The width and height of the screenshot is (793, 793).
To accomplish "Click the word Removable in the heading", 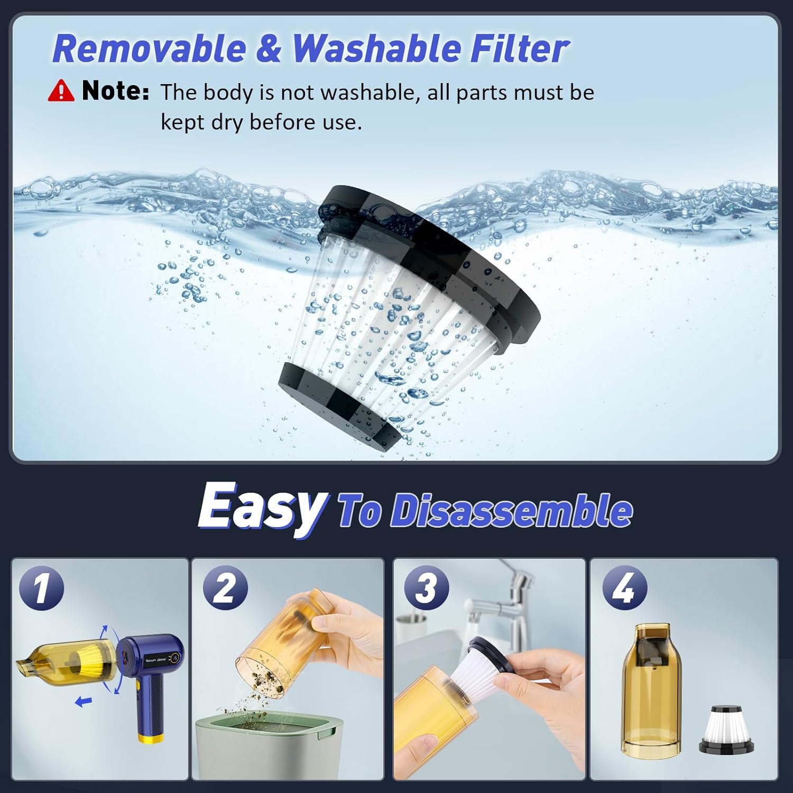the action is [150, 49].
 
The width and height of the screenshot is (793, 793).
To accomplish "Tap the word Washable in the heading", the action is [376, 49].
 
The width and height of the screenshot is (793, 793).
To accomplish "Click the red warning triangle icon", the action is [61, 90].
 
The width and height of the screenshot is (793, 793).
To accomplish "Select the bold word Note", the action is [115, 90].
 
